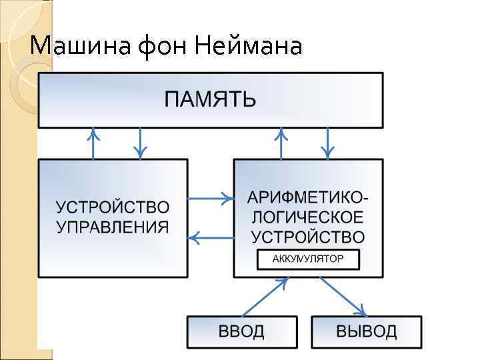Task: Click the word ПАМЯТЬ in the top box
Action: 210,100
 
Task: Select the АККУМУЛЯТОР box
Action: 308,259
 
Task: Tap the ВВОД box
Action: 241,331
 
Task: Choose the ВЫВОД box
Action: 366,331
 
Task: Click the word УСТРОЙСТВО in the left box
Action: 112,207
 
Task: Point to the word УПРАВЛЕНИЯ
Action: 112,227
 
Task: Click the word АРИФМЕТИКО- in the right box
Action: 307,198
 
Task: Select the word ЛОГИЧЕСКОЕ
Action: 307,217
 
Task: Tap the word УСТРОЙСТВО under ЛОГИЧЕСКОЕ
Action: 307,237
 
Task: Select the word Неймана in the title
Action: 249,47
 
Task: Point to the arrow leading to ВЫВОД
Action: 343,297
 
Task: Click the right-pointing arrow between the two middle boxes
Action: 211,198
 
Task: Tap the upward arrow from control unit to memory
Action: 93,143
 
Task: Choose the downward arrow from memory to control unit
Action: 140,143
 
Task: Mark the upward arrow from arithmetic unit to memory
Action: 281,143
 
